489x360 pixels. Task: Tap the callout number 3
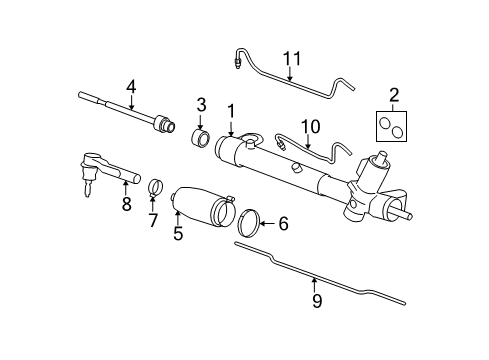tap(201, 104)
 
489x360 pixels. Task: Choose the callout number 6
tap(282, 224)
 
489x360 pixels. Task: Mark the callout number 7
tap(153, 219)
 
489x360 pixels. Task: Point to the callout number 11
tap(291, 60)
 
